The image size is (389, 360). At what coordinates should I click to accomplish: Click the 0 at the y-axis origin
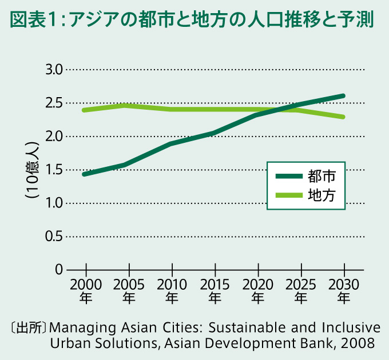pos(59,270)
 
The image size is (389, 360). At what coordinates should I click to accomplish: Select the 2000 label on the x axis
pos(85,285)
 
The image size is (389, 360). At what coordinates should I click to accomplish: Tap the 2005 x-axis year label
pos(129,285)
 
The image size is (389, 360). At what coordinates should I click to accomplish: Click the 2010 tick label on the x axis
pos(172,285)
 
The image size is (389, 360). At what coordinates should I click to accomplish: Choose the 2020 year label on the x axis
pos(258,285)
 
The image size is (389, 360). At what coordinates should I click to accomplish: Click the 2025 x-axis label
pos(301,285)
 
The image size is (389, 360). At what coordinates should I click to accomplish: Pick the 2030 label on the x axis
pos(344,285)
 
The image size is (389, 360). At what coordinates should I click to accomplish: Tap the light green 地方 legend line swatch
pos(290,194)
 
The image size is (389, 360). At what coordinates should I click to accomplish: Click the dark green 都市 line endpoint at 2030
pos(343,95)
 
